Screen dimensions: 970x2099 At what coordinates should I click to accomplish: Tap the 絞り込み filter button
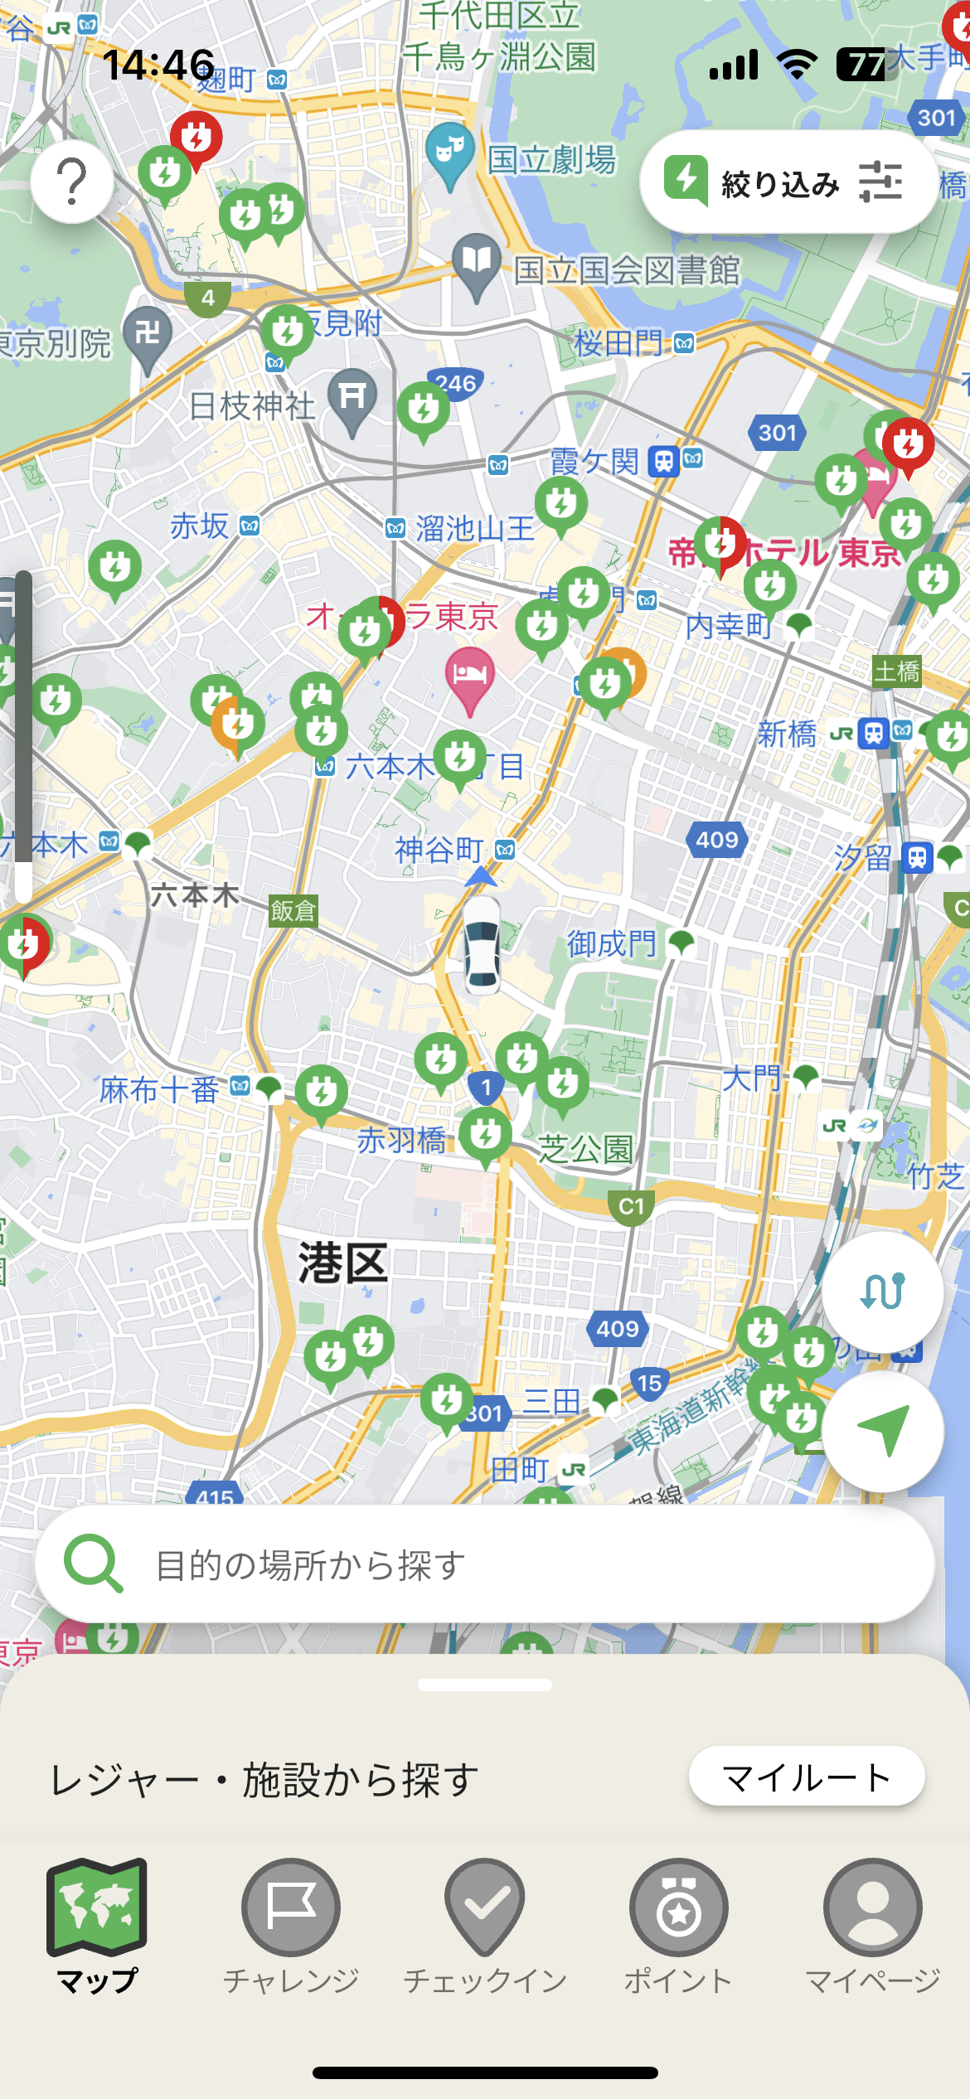(x=788, y=182)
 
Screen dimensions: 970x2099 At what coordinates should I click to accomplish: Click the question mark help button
(x=72, y=182)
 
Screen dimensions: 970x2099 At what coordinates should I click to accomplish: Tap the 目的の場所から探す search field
(x=485, y=1565)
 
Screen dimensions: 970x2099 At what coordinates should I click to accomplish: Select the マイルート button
(x=806, y=1777)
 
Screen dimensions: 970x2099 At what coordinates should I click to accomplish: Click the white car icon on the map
(x=482, y=945)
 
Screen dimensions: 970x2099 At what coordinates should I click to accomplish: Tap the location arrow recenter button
(x=882, y=1430)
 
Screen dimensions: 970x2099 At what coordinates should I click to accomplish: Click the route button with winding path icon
(x=882, y=1291)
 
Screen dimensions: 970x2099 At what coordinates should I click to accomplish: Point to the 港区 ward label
(x=343, y=1263)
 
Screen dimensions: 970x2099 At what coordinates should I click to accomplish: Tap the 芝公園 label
(x=585, y=1150)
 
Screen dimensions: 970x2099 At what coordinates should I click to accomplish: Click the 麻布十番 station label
(x=159, y=1090)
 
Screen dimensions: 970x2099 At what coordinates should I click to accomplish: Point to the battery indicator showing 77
(x=866, y=65)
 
